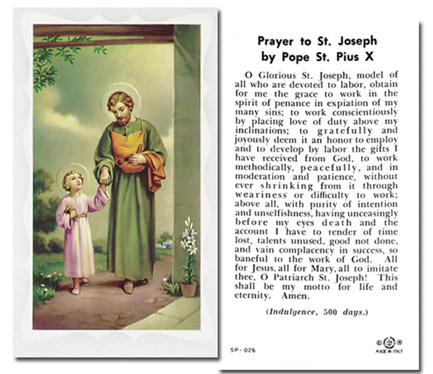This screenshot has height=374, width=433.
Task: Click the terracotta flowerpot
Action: point(189,289)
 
